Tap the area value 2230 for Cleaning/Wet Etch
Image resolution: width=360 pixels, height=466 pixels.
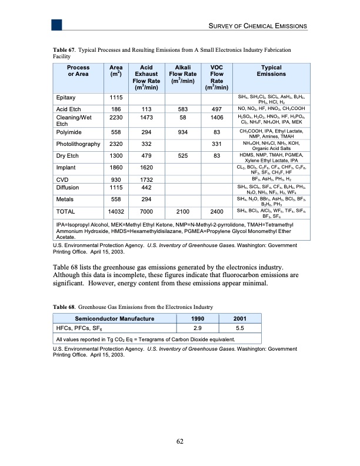(116, 118)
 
